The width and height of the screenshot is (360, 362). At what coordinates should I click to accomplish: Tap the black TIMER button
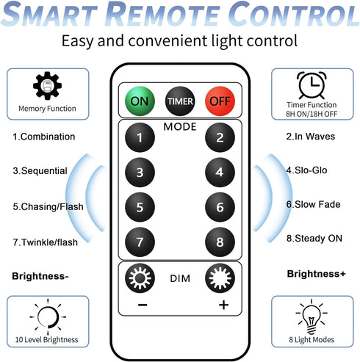pyautogui.click(x=180, y=101)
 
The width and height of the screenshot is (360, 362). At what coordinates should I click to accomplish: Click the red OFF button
pyautogui.click(x=220, y=101)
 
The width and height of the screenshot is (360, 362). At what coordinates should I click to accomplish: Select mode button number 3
pyautogui.click(x=140, y=173)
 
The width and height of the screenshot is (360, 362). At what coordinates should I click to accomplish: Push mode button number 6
pyautogui.click(x=220, y=207)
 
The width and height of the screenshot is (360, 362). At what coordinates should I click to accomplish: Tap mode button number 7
pyautogui.click(x=140, y=242)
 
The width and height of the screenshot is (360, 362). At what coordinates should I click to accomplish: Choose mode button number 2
pyautogui.click(x=220, y=137)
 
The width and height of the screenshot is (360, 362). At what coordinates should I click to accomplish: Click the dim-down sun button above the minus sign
pyautogui.click(x=140, y=278)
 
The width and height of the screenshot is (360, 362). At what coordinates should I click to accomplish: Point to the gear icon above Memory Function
pyautogui.click(x=47, y=86)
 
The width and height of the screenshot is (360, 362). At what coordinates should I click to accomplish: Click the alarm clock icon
pyautogui.click(x=312, y=85)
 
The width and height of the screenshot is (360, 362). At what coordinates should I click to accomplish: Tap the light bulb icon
pyautogui.click(x=312, y=316)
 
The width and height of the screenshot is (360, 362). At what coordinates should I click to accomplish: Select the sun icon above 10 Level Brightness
pyautogui.click(x=48, y=317)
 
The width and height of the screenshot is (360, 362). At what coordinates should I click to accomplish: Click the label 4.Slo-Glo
pyautogui.click(x=306, y=170)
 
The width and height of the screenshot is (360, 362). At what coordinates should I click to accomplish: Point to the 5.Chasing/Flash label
pyautogui.click(x=48, y=206)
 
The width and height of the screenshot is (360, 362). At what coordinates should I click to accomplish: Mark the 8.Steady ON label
pyautogui.click(x=314, y=238)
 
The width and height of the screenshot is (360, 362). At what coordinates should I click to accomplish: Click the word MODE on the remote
pyautogui.click(x=180, y=126)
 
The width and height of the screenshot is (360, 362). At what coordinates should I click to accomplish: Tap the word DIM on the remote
pyautogui.click(x=180, y=278)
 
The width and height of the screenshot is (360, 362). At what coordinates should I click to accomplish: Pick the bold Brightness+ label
pyautogui.click(x=316, y=274)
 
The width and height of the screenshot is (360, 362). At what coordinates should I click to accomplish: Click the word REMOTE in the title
pyautogui.click(x=163, y=13)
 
